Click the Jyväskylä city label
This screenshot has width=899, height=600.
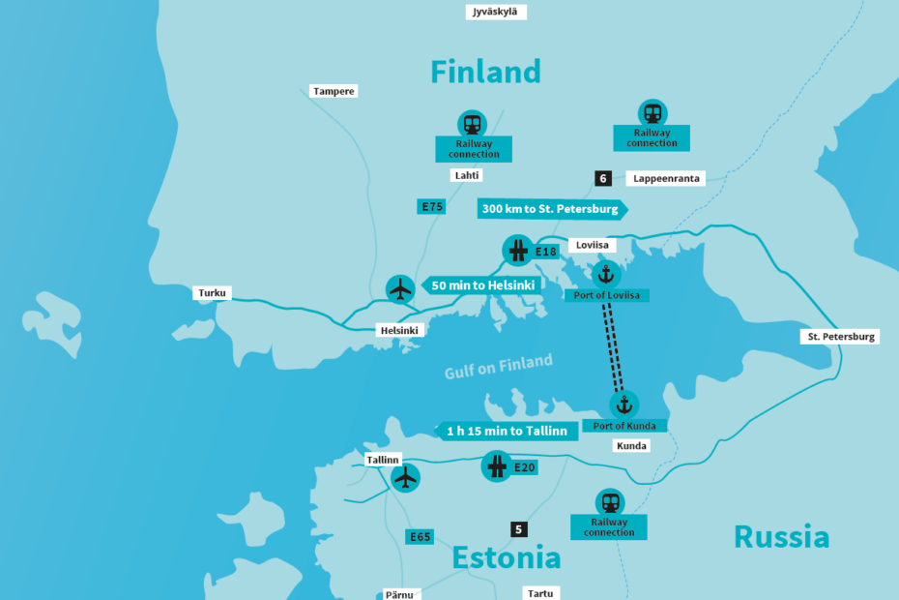(x=492, y=12)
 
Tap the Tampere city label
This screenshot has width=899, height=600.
(x=333, y=91)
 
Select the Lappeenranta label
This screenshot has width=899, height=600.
(x=666, y=178)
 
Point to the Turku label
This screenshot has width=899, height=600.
(x=213, y=292)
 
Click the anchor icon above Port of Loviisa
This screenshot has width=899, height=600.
(x=607, y=274)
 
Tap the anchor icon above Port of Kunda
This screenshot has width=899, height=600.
(x=623, y=405)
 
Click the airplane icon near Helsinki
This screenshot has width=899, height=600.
(x=399, y=288)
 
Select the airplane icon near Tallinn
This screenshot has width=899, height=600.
(x=406, y=477)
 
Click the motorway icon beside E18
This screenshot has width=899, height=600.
(x=516, y=251)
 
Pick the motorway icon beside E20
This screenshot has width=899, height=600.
(x=496, y=467)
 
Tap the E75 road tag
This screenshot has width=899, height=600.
(x=431, y=206)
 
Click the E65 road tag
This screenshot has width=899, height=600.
(x=420, y=536)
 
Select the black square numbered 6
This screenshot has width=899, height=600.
(x=603, y=178)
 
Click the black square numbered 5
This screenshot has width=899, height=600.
(x=519, y=529)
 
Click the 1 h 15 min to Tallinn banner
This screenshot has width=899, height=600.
(x=506, y=431)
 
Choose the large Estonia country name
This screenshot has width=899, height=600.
(x=506, y=558)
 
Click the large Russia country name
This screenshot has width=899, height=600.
(x=781, y=537)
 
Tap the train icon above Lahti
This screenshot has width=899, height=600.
(x=472, y=124)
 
